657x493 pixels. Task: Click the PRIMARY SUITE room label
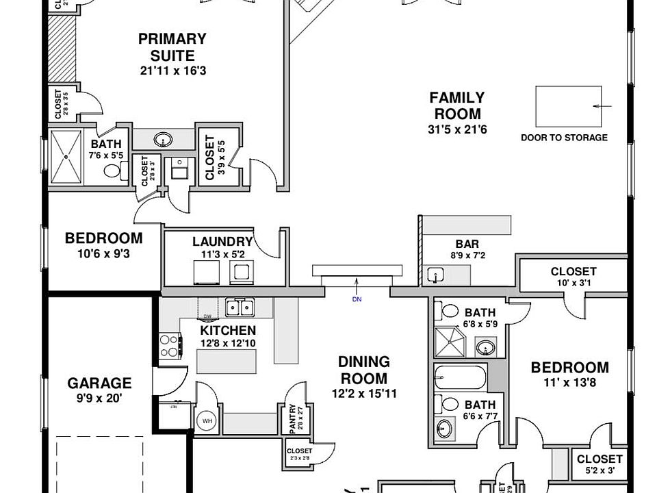(x=172, y=47)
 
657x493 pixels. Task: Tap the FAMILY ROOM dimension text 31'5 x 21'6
(x=457, y=129)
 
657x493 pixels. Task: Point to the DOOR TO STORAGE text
(x=564, y=138)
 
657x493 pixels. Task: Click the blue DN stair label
(x=357, y=299)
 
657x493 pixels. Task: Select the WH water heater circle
(x=206, y=421)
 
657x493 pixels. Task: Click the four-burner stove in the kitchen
(x=169, y=346)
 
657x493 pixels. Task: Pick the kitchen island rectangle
(x=227, y=360)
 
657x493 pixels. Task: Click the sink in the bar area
(x=433, y=275)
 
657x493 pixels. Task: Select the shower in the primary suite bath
(x=66, y=157)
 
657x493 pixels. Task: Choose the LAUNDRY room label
(x=222, y=242)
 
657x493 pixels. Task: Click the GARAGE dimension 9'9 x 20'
(x=99, y=399)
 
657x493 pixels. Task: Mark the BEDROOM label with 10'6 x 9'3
(x=103, y=238)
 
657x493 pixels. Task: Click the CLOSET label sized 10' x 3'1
(x=573, y=272)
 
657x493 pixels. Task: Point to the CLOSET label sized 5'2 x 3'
(x=599, y=459)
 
